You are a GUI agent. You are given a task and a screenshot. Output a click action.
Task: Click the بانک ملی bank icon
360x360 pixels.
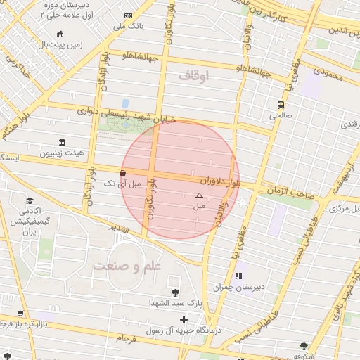(127, 15)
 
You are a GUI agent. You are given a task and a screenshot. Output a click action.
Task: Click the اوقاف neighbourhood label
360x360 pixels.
(194, 75)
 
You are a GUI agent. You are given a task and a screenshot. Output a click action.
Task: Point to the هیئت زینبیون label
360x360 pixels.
(62, 152)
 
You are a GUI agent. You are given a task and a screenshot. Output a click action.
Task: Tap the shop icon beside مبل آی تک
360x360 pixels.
(123, 173)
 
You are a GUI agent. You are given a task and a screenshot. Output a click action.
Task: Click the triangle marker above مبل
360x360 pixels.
(198, 196)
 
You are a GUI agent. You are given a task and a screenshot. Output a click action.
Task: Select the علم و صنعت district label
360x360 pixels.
(127, 266)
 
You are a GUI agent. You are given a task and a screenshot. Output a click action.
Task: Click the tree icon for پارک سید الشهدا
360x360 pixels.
(174, 292)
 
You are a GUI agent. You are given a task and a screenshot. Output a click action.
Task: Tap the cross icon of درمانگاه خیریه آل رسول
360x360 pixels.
(184, 320)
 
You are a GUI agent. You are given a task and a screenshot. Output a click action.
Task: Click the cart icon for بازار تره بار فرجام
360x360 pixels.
(20, 314)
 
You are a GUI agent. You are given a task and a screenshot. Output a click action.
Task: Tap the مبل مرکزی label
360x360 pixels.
(345, 209)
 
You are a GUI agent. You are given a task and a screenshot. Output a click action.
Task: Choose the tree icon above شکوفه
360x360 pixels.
(304, 345)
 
